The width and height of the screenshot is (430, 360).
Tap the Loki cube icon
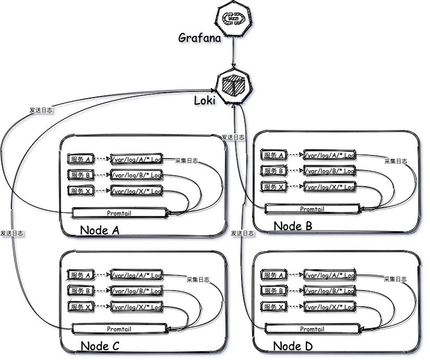point(233,87)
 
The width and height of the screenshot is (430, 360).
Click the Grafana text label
point(199,38)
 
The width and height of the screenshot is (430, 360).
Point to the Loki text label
point(205,101)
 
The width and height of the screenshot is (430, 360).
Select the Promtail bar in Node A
point(120,213)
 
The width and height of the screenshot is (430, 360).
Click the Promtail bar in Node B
point(313,209)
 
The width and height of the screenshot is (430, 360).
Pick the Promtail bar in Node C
point(120,329)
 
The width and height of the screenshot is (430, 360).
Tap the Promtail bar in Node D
point(313,329)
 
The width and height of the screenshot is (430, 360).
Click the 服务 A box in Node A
point(81,159)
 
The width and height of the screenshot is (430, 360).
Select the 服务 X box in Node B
point(273,187)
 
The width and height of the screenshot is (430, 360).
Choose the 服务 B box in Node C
point(81,291)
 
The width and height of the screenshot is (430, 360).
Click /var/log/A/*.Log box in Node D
point(330,275)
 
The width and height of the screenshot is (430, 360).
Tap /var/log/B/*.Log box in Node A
point(137,175)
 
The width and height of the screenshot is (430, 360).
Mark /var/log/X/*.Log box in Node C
point(137,307)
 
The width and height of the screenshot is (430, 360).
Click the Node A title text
point(100,230)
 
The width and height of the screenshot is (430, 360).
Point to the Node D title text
point(293,346)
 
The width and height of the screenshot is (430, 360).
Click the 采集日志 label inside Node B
point(396,161)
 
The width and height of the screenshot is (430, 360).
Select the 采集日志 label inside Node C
point(198,280)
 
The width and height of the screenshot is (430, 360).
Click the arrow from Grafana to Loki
point(233,52)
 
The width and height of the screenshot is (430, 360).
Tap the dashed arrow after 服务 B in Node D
point(295,291)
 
